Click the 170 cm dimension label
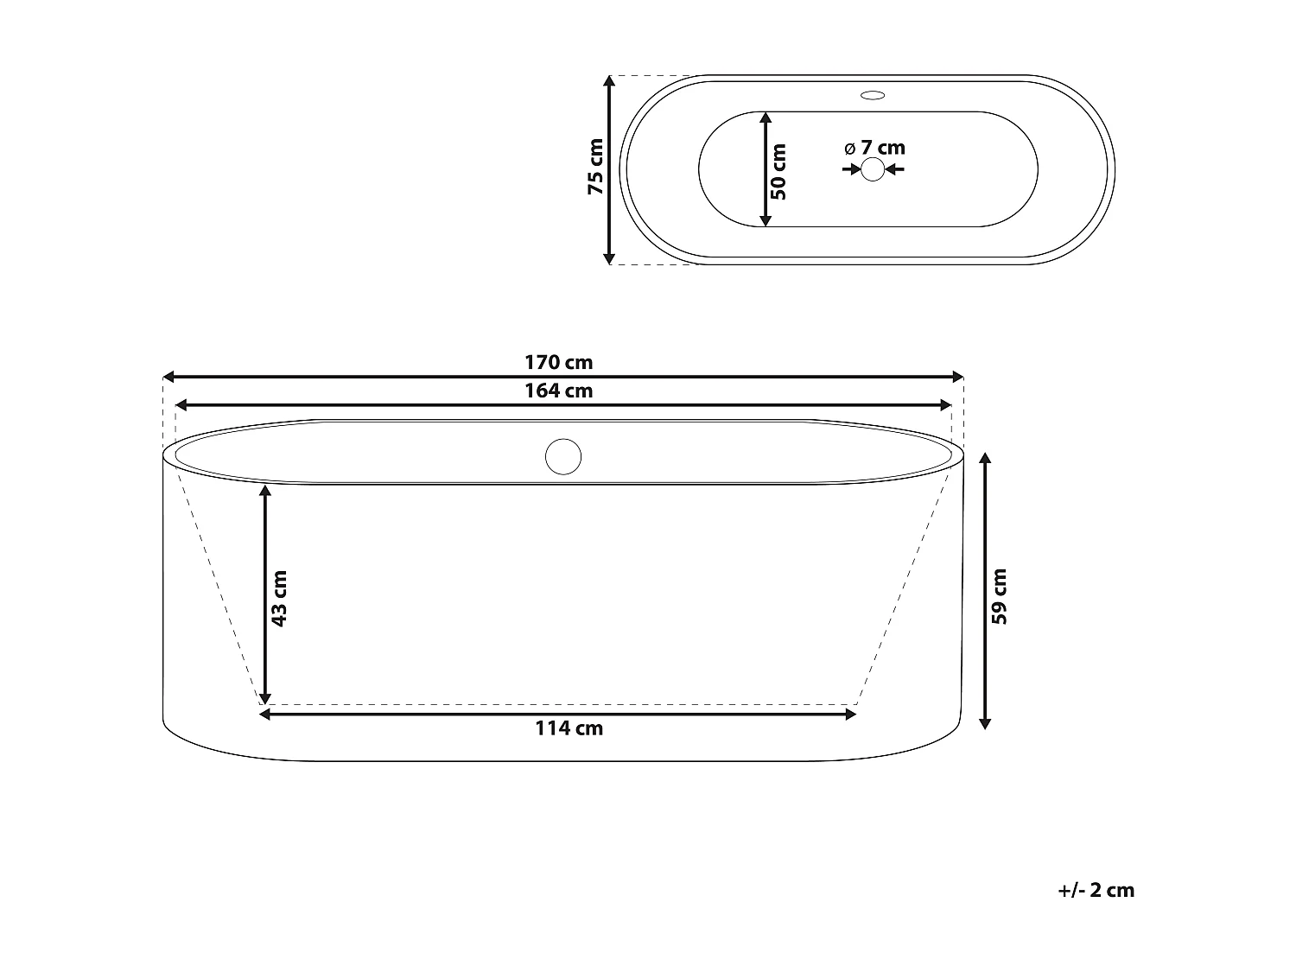(x=558, y=362)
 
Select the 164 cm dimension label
(x=558, y=391)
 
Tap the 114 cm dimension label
(x=569, y=728)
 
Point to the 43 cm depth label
(x=279, y=599)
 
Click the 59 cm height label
(x=999, y=597)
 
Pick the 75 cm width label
(x=596, y=167)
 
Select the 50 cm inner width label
(x=778, y=172)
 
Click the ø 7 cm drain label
(x=874, y=148)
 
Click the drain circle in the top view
(x=873, y=169)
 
